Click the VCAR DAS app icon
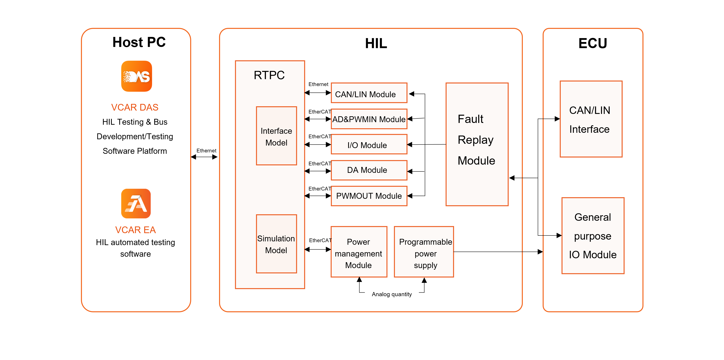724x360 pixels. click(x=137, y=76)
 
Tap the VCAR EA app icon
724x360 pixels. click(x=136, y=203)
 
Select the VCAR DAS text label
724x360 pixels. click(x=135, y=107)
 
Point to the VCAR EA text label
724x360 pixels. click(x=136, y=230)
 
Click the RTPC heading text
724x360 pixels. click(x=269, y=75)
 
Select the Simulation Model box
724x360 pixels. click(x=276, y=244)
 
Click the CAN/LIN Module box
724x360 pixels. click(x=369, y=93)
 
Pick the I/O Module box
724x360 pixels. click(x=369, y=144)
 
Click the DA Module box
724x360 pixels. click(x=369, y=170)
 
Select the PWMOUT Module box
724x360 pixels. click(x=369, y=196)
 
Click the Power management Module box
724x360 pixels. click(x=359, y=252)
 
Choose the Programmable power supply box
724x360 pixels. click(x=424, y=252)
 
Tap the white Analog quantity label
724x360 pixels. click(x=392, y=294)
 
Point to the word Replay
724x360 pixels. click(x=475, y=140)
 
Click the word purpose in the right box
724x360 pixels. click(x=593, y=236)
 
